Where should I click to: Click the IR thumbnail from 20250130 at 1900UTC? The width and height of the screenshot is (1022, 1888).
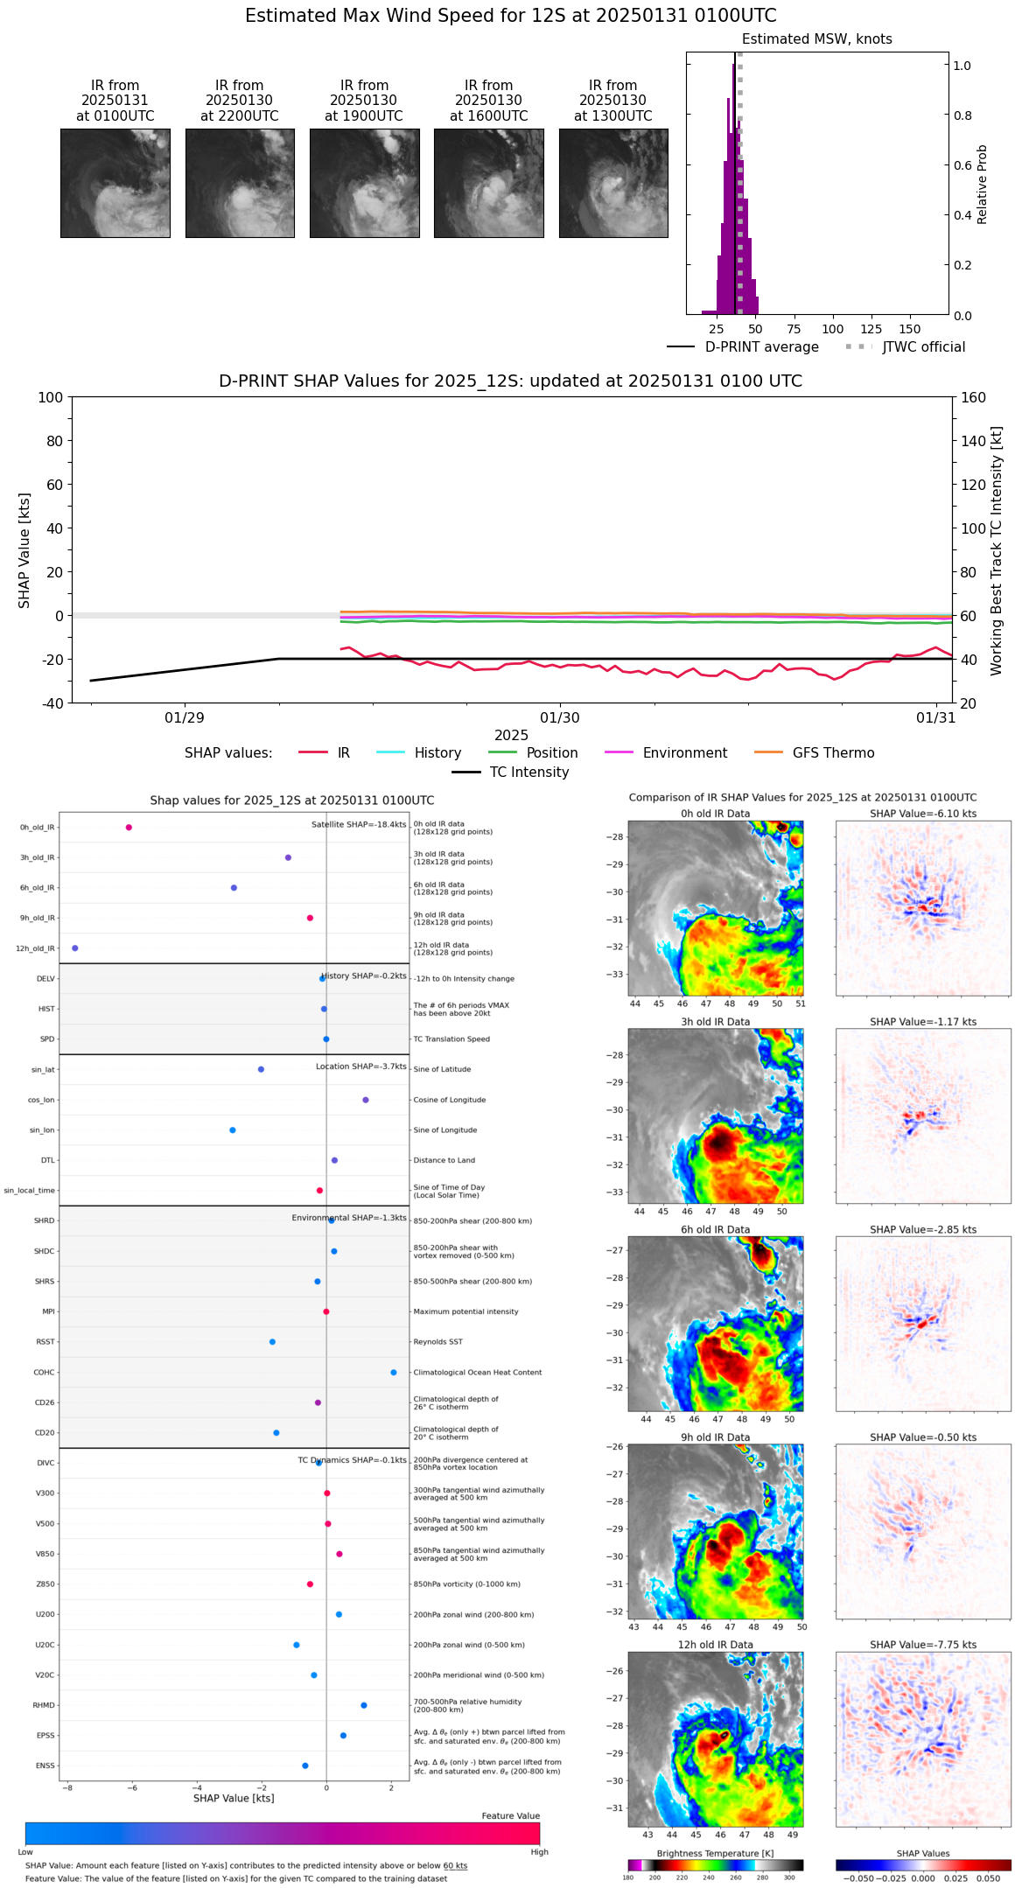364,183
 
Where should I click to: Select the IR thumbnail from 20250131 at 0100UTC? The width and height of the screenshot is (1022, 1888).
115,183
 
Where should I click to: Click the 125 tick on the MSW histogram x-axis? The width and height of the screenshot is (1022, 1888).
871,329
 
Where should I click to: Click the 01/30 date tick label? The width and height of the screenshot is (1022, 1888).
560,718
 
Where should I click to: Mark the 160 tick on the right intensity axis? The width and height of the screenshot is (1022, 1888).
974,398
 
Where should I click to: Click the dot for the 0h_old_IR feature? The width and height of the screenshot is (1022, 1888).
129,828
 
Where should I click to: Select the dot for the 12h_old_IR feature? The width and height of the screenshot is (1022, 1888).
74,948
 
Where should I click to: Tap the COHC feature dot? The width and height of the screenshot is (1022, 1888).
394,1373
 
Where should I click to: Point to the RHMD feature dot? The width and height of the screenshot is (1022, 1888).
364,1705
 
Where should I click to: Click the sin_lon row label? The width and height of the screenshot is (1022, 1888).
42,1130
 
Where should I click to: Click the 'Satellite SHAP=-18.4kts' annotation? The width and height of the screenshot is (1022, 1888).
359,825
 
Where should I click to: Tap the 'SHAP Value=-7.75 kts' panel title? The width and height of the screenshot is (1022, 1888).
923,1645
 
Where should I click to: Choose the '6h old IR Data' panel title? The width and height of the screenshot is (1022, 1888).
715,1229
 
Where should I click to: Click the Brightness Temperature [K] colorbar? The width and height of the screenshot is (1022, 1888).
715,1865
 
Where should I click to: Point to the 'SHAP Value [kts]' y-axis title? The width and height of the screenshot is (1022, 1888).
24,550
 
